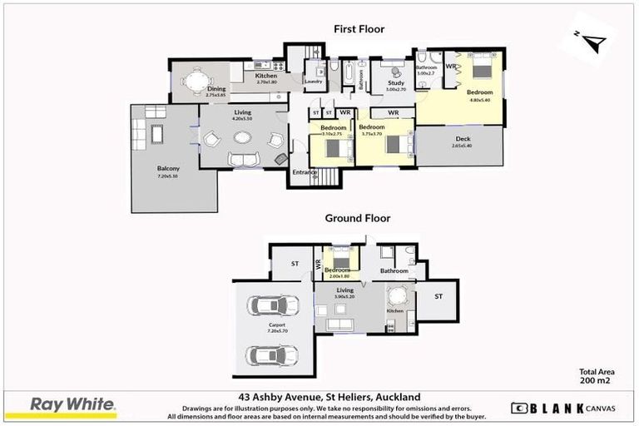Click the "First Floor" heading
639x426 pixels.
point(359,29)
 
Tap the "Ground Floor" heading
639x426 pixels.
point(359,219)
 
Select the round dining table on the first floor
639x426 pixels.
point(195,81)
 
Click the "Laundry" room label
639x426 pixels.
point(313,82)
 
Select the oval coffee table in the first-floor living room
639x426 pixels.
point(245,159)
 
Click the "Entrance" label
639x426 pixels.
point(304,173)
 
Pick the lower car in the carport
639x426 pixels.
point(272,355)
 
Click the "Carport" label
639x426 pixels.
point(277,324)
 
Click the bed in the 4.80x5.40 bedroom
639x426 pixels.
point(483,70)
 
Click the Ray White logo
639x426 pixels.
point(73,405)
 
